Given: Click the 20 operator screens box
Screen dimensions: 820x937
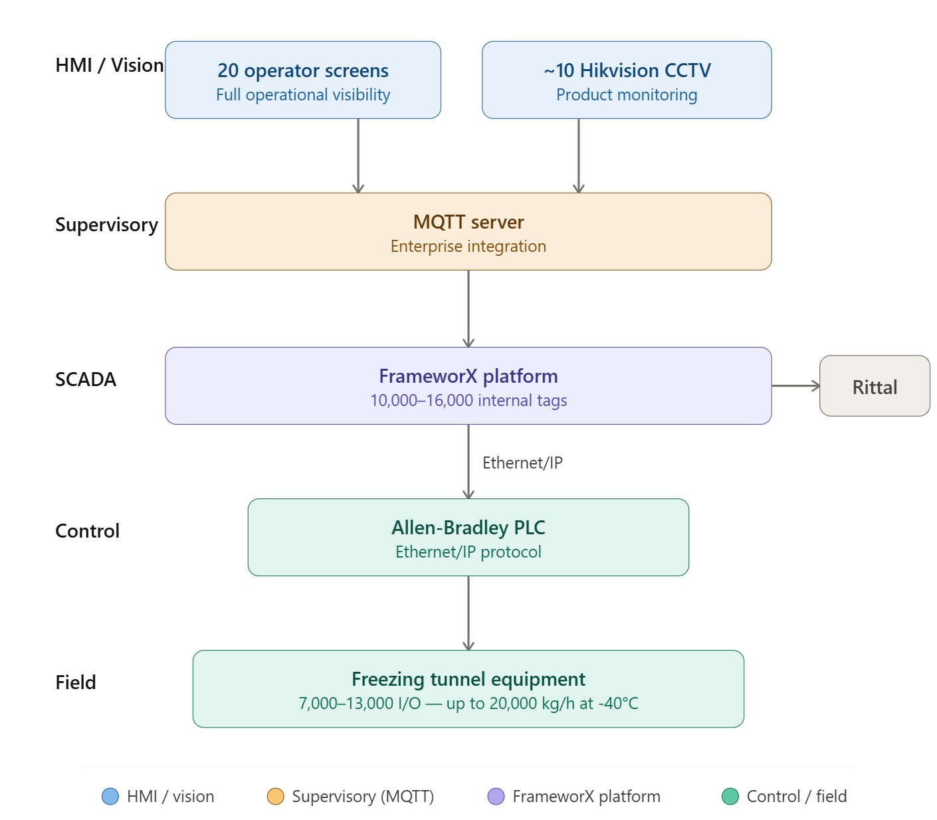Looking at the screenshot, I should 303,80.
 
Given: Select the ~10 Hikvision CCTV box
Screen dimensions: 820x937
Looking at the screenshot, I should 627,80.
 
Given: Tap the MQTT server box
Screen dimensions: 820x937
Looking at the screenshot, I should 468,231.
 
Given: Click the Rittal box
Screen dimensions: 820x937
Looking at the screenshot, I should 875,386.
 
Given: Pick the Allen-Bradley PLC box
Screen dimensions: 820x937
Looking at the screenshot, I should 468,537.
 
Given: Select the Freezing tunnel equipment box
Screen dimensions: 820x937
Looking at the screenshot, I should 468,688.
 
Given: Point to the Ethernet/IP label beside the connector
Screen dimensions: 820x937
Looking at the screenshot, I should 522,462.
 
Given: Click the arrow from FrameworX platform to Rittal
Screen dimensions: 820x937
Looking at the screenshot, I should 795,386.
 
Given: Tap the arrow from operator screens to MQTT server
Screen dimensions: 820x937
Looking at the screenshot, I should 358,155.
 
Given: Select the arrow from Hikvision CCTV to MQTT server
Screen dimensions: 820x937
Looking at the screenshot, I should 579,155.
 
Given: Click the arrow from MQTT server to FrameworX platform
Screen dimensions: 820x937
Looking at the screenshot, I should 468,308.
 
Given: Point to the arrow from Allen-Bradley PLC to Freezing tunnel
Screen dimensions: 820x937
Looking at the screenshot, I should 468,613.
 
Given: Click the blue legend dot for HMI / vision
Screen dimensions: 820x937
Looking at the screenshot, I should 110,796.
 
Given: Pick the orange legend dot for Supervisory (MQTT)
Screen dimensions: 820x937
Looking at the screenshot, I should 275,796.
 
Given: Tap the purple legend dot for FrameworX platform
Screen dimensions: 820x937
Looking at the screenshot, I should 496,796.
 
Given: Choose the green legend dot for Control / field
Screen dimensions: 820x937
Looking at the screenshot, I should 730,796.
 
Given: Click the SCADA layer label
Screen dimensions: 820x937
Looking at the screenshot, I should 86,379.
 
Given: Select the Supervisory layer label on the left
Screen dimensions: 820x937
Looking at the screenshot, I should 106,225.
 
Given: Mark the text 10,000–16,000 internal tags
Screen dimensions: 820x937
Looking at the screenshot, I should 468,401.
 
